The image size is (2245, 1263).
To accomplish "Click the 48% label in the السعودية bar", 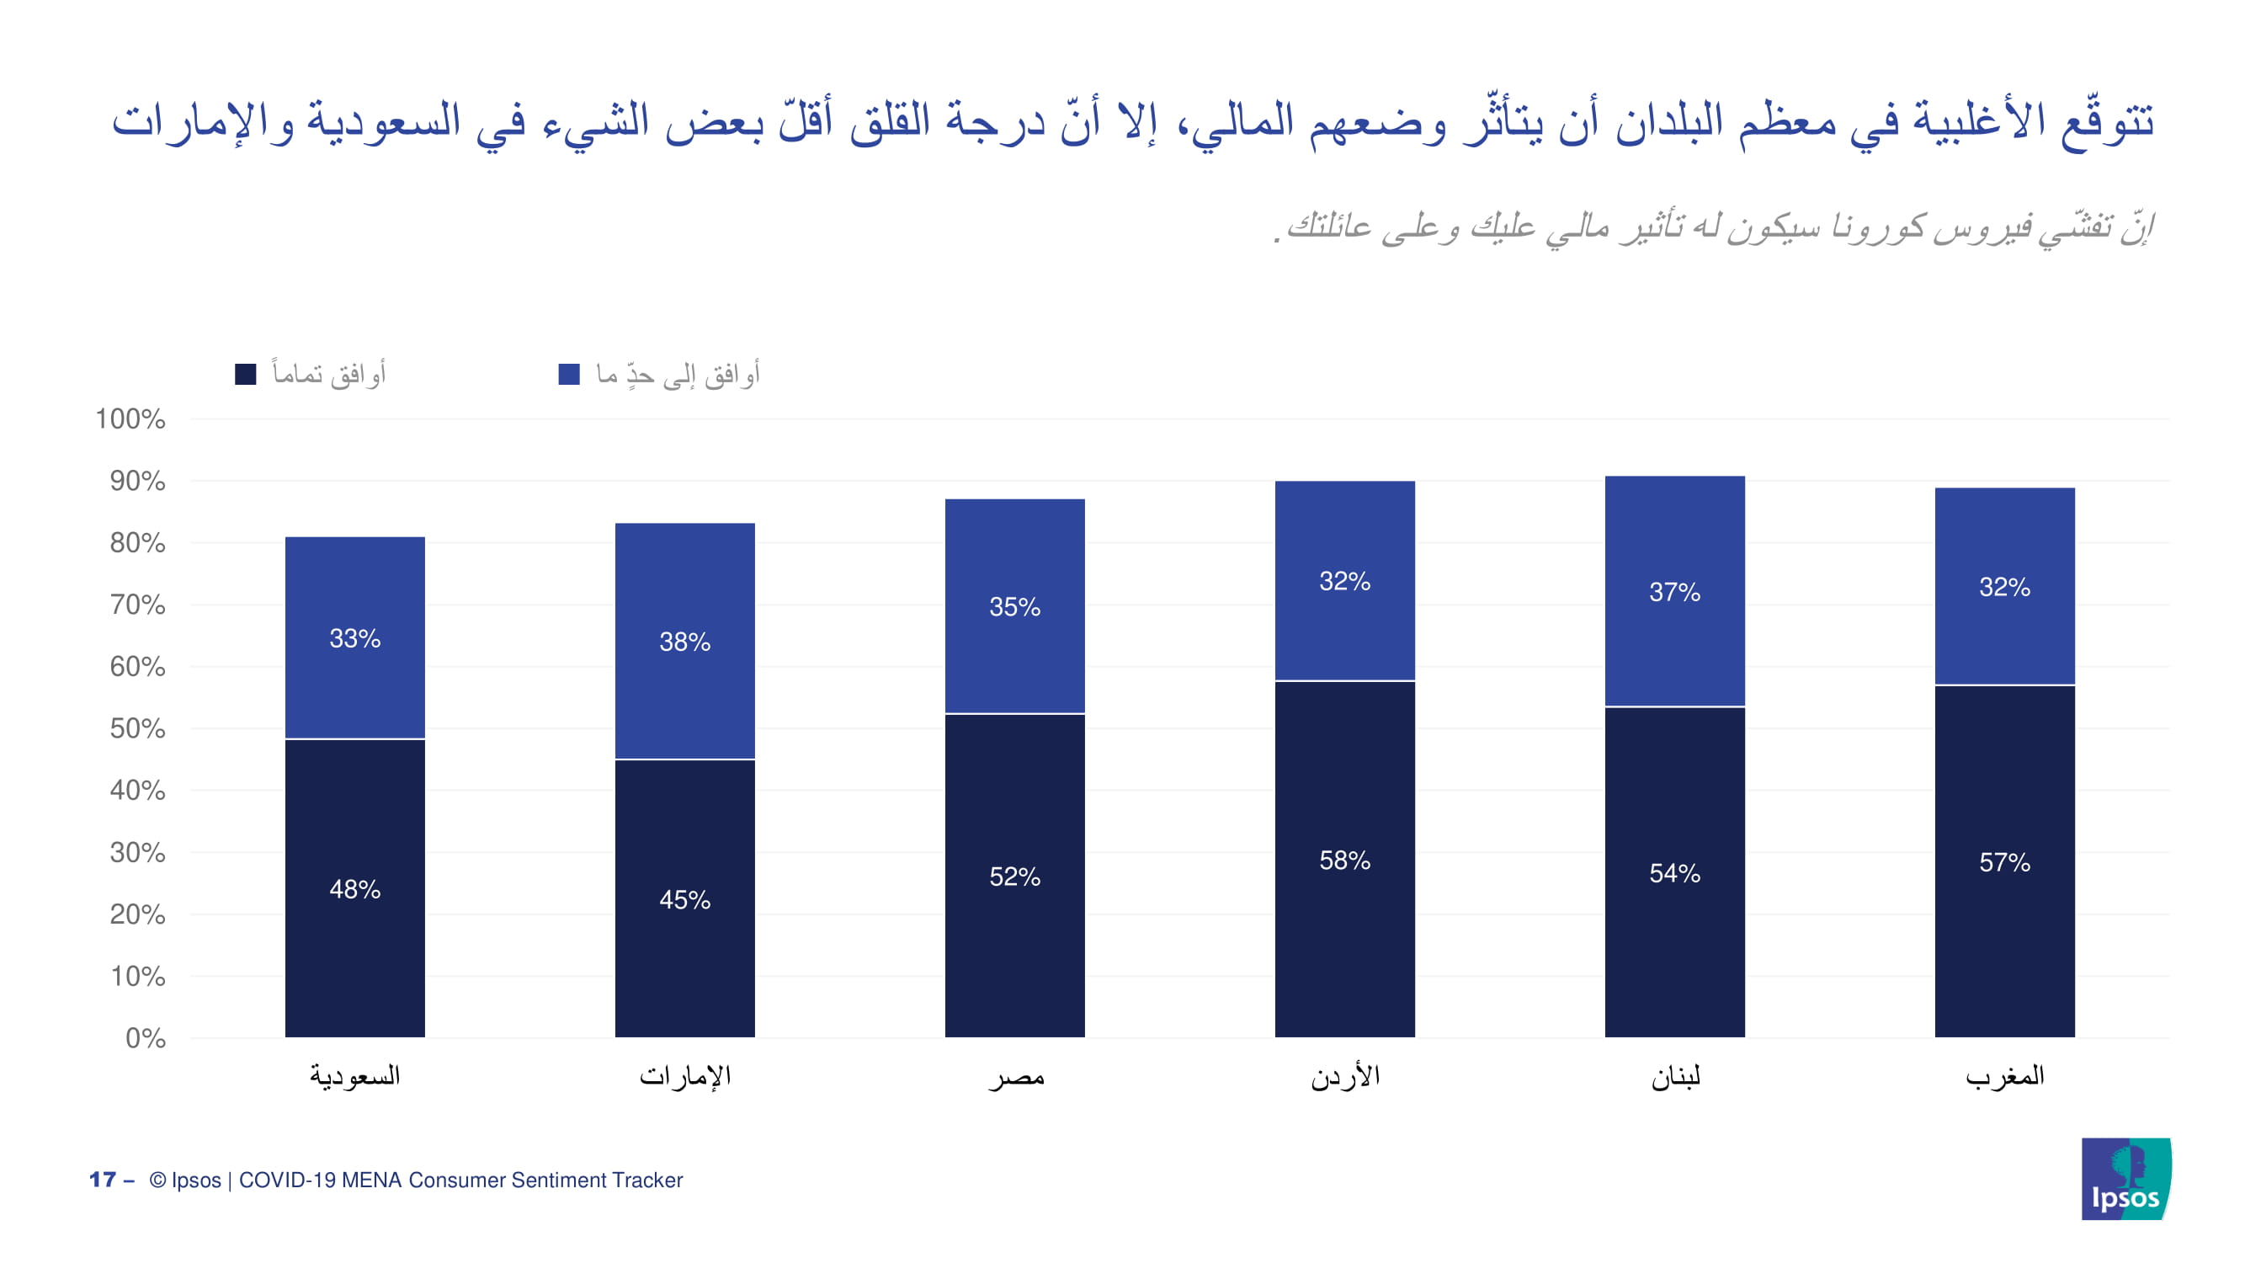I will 354,889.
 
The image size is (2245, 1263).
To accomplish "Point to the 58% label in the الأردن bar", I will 1345,861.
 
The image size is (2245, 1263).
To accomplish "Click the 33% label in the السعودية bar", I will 354,638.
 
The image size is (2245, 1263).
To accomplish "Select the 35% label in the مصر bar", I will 1014,606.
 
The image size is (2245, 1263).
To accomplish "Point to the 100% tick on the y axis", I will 130,419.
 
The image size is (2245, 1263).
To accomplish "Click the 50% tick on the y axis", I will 137,728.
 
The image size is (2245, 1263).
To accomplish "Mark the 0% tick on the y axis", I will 145,1038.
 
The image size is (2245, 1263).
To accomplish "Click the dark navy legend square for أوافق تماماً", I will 246,375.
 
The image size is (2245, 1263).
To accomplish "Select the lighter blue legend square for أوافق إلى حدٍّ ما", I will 569,375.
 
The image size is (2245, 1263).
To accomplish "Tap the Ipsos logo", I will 2125,1179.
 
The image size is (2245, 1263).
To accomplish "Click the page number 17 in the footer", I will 103,1180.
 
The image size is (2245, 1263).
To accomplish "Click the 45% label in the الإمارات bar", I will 685,899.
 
